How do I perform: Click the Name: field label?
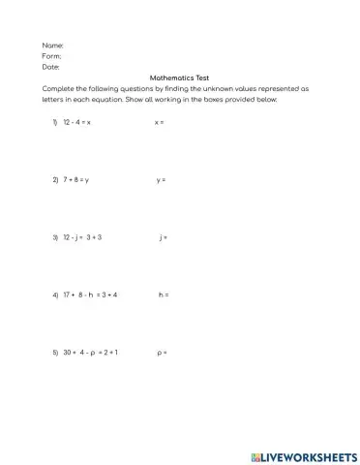tap(53, 46)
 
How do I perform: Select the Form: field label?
tap(52, 56)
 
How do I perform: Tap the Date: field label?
tap(51, 67)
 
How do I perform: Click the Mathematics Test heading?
tap(179, 77)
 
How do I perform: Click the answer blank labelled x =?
tap(160, 123)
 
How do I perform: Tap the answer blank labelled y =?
tap(161, 180)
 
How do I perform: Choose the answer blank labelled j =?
tap(164, 236)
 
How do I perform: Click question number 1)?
tap(55, 123)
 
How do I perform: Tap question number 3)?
tap(55, 236)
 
